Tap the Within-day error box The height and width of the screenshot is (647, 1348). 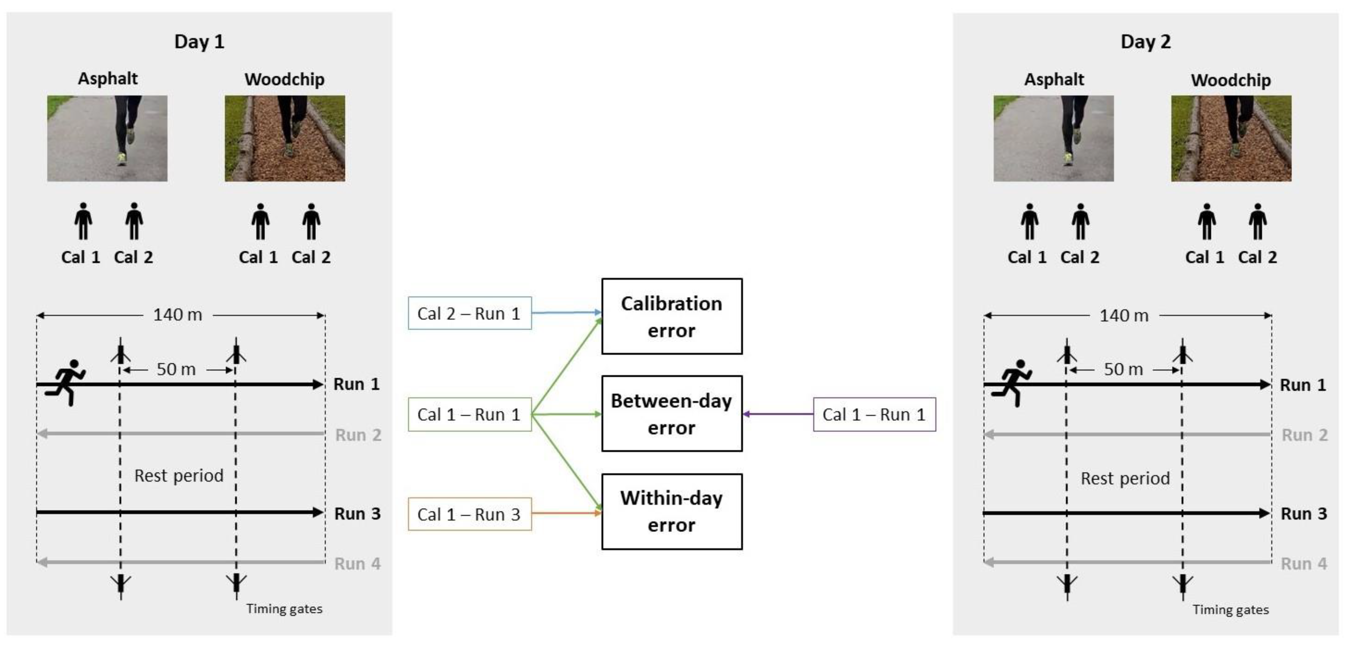click(x=671, y=511)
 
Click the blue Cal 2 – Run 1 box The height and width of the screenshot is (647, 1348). click(x=470, y=313)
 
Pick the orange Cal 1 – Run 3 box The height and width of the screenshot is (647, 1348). click(x=470, y=514)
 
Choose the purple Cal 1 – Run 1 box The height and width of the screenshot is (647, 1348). click(x=874, y=414)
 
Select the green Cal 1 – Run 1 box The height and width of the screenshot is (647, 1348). click(x=470, y=414)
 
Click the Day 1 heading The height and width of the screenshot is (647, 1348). click(x=199, y=41)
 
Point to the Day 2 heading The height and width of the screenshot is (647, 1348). click(x=1145, y=41)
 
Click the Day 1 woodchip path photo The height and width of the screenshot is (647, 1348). click(x=285, y=138)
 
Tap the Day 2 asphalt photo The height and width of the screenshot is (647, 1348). click(x=1053, y=138)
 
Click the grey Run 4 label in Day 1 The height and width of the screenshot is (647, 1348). click(x=357, y=564)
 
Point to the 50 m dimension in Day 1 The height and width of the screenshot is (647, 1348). click(x=176, y=369)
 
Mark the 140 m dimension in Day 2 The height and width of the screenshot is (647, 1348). click(x=1124, y=315)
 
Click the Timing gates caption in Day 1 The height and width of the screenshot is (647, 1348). click(x=284, y=609)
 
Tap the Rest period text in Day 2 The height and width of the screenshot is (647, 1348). click(x=1125, y=478)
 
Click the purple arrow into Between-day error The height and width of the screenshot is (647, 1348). click(x=778, y=414)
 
